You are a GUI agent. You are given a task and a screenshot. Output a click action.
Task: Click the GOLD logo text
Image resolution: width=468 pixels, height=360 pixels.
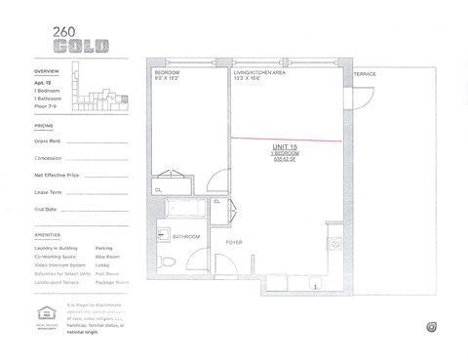pos(81,46)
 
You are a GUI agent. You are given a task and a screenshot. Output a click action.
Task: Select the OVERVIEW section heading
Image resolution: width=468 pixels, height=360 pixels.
pos(46,72)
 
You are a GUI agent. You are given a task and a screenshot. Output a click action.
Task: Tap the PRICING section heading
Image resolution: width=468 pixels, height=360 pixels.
pos(44,126)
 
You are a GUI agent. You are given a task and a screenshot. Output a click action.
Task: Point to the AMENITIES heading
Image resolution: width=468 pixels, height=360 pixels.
pos(47,235)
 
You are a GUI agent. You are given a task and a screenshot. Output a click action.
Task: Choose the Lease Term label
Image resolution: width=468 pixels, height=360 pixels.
pos(48,192)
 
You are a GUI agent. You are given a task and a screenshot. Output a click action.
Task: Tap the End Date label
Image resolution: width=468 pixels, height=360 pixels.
pos(45,209)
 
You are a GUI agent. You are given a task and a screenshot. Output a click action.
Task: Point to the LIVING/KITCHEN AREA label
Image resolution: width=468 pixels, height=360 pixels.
pos(258,73)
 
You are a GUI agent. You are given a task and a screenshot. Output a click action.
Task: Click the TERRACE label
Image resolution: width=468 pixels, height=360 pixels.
pos(364,74)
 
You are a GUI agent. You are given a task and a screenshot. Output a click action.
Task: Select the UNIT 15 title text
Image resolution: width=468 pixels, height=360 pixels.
pos(285,147)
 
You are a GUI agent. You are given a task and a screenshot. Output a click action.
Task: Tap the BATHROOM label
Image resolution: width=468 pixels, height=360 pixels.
pos(186,237)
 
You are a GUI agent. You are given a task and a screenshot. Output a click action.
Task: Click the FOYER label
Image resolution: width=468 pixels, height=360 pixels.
pos(234,241)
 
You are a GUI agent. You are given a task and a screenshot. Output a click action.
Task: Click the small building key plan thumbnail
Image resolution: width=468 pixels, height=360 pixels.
pos(101,95)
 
